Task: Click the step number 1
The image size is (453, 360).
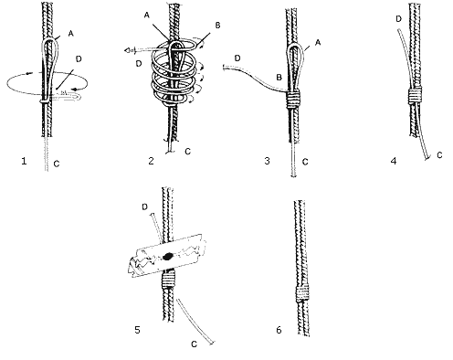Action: [24, 161]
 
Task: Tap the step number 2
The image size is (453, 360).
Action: [151, 161]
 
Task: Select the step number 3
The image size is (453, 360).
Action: [267, 161]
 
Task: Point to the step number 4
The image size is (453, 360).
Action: [394, 161]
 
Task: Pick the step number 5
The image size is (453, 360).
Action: [137, 330]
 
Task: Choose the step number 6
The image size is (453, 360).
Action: [279, 330]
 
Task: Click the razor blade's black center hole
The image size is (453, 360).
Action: [167, 257]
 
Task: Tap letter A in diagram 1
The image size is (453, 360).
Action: [70, 34]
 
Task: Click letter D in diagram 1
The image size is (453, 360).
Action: [79, 58]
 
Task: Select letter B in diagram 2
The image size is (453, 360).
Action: [217, 26]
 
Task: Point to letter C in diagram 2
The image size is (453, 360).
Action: [188, 152]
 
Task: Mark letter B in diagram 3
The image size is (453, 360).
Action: [279, 78]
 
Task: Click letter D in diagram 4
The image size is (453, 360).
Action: [399, 19]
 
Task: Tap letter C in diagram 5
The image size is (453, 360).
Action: [194, 344]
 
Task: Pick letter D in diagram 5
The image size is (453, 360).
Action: [144, 207]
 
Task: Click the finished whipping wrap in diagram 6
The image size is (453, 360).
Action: [303, 294]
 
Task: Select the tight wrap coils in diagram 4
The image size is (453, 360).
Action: [415, 95]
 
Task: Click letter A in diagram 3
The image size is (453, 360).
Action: [318, 43]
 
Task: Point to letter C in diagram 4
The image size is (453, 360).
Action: [439, 155]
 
